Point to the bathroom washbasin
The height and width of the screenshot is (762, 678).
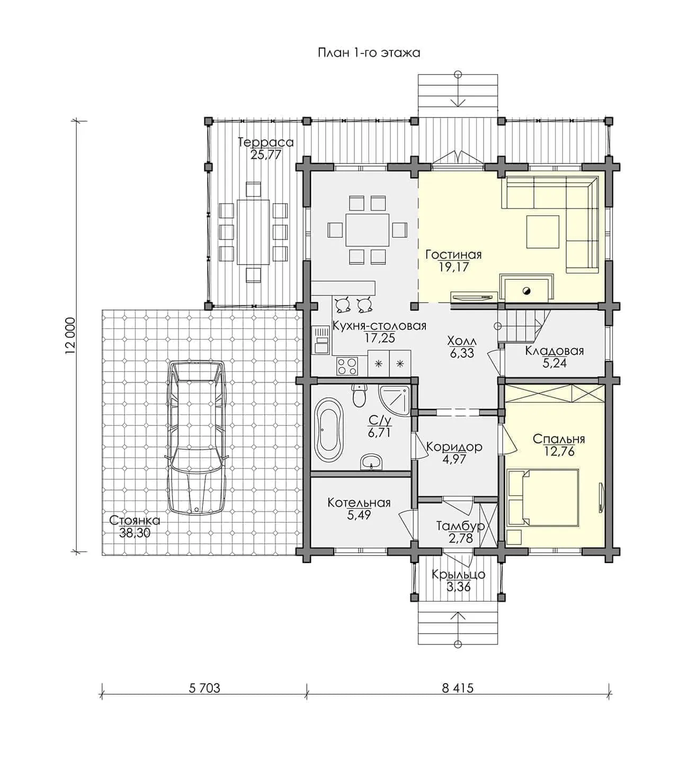click(371, 462)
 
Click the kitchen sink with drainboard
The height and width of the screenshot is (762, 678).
click(321, 340)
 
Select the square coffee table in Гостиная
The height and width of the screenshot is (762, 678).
click(543, 231)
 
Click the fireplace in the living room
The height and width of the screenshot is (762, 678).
click(527, 288)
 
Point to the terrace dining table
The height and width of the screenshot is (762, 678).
click(253, 232)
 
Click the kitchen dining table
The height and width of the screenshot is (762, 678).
click(368, 230)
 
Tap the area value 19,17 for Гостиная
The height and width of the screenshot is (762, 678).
click(453, 267)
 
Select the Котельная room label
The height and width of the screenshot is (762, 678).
click(359, 503)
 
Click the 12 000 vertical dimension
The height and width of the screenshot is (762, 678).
click(70, 337)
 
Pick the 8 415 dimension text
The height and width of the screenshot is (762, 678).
click(458, 688)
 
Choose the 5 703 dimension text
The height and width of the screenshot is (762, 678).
click(204, 688)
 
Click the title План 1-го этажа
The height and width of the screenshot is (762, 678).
click(369, 53)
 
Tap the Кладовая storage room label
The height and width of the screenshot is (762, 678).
click(554, 351)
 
